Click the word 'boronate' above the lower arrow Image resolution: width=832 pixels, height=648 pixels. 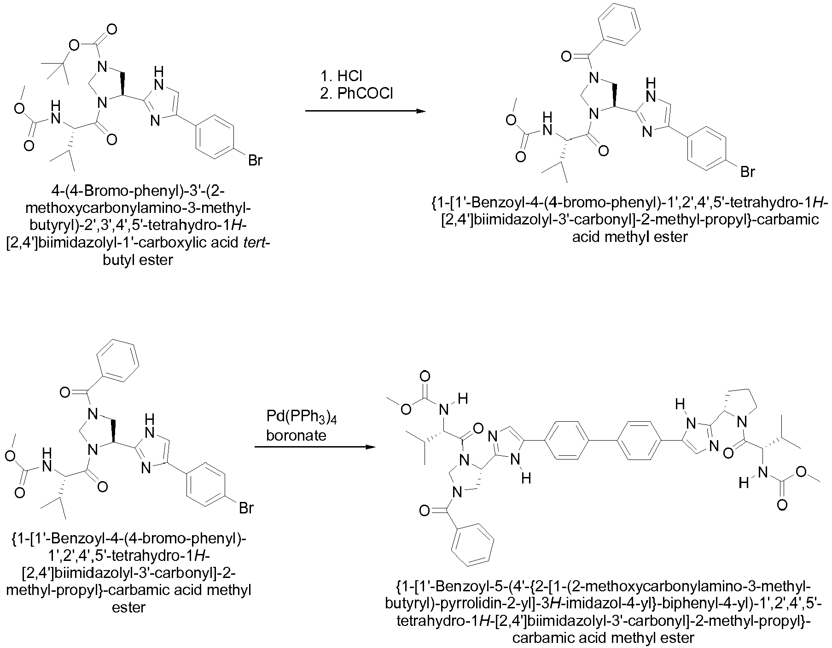(297, 435)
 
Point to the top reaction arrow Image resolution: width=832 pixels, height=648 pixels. (365, 111)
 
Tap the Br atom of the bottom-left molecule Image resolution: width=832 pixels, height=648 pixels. (245, 508)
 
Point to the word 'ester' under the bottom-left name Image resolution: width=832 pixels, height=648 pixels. (129, 607)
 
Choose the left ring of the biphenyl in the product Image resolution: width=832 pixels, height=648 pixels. (566, 439)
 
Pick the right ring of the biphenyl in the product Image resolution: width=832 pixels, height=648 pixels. (641, 439)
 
